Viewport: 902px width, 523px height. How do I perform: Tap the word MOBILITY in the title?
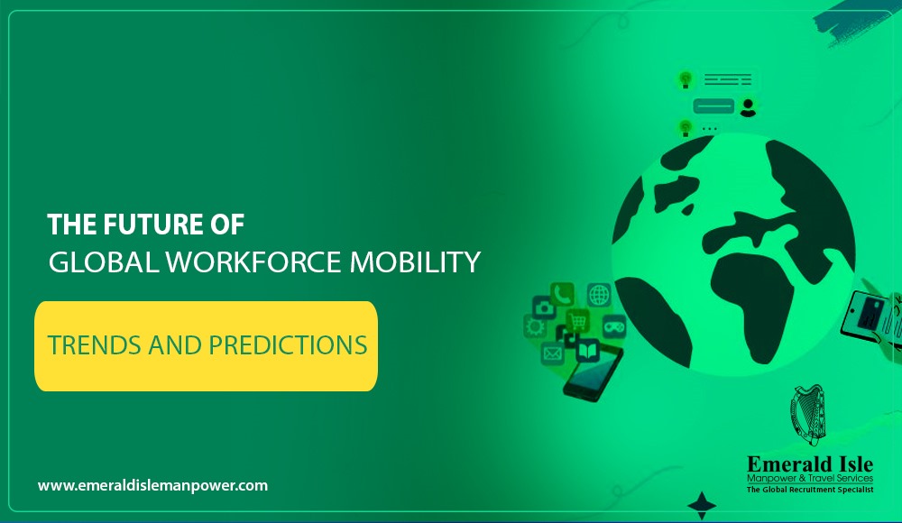[x=415, y=262]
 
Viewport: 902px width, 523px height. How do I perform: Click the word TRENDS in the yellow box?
[x=95, y=345]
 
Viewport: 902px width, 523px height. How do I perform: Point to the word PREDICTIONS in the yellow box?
[x=288, y=345]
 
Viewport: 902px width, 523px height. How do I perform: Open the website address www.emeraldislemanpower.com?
[x=152, y=486]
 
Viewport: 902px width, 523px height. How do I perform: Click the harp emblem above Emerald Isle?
[x=808, y=415]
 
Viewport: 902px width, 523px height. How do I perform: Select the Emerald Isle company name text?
[x=810, y=464]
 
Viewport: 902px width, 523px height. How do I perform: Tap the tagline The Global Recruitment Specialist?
[x=810, y=490]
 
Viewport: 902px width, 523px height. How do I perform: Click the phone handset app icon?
[x=562, y=294]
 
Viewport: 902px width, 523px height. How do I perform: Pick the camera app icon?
[x=544, y=307]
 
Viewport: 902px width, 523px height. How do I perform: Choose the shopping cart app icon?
[x=577, y=321]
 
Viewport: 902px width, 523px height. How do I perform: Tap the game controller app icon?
[x=613, y=326]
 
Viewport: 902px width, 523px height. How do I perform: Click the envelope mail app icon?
[x=552, y=353]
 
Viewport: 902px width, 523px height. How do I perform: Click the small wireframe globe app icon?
[x=599, y=295]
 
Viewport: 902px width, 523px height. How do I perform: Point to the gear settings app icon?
[x=534, y=326]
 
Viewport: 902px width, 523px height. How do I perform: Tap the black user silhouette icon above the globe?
[x=748, y=107]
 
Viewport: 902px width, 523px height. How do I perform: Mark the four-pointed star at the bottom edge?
[x=702, y=506]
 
